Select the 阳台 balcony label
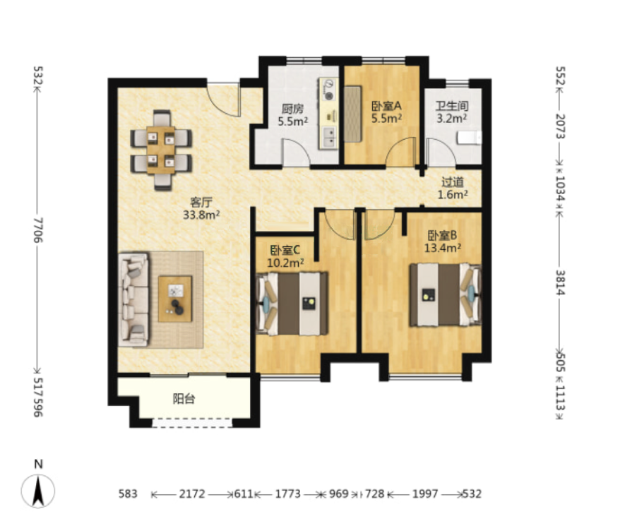pyautogui.click(x=184, y=399)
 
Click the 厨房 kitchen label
pyautogui.click(x=292, y=109)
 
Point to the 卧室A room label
pyautogui.click(x=386, y=106)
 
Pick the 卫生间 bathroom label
pyautogui.click(x=452, y=106)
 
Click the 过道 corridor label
pyautogui.click(x=453, y=182)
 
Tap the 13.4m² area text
pyautogui.click(x=442, y=248)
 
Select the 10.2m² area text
pyautogui.click(x=285, y=263)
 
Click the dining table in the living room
pyautogui.click(x=161, y=150)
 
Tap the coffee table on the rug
pyautogui.click(x=175, y=299)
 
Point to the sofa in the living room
pyautogui.click(x=133, y=299)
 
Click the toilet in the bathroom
pyautogui.click(x=469, y=138)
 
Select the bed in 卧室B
pyautogui.click(x=445, y=294)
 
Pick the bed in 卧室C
pyautogui.click(x=292, y=304)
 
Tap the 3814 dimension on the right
pyautogui.click(x=560, y=282)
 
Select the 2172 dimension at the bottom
pyautogui.click(x=192, y=494)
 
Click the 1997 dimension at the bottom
pyautogui.click(x=425, y=494)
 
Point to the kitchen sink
pyautogui.click(x=328, y=136)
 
